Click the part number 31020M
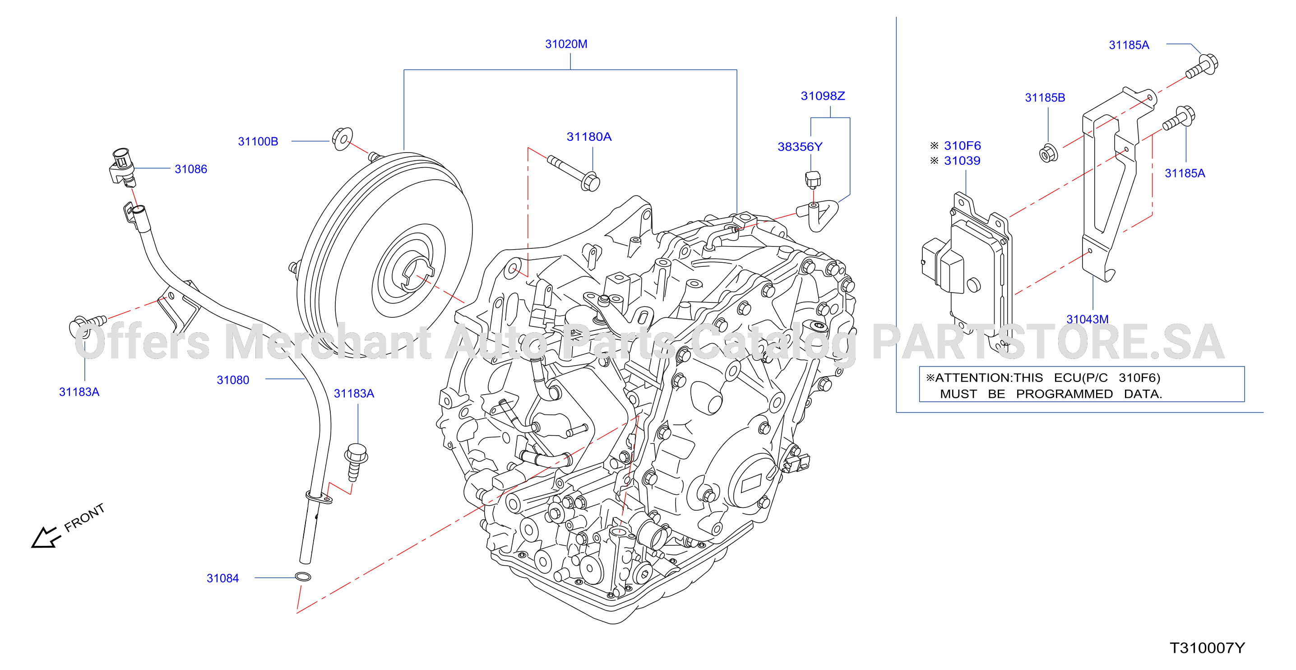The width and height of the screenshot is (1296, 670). click(566, 44)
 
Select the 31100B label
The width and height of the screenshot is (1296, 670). click(258, 141)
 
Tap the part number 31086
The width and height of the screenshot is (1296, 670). click(191, 169)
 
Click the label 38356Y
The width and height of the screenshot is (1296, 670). click(800, 147)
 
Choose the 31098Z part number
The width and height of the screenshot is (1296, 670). click(823, 96)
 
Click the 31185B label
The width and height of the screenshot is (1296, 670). click(1045, 98)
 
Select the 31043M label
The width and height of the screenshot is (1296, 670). click(1087, 319)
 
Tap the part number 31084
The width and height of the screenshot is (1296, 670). click(222, 578)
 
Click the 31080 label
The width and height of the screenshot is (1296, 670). click(232, 380)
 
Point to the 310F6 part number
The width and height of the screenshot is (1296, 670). click(962, 146)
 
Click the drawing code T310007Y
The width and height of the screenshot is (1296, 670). click(1207, 648)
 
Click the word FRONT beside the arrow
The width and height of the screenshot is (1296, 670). click(84, 517)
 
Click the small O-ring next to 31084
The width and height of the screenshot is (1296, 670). click(302, 577)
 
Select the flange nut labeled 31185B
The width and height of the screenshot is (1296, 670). click(1048, 154)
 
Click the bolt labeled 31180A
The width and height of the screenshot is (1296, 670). click(574, 172)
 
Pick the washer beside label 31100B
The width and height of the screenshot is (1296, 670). click(342, 139)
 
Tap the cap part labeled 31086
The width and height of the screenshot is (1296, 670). click(122, 166)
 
